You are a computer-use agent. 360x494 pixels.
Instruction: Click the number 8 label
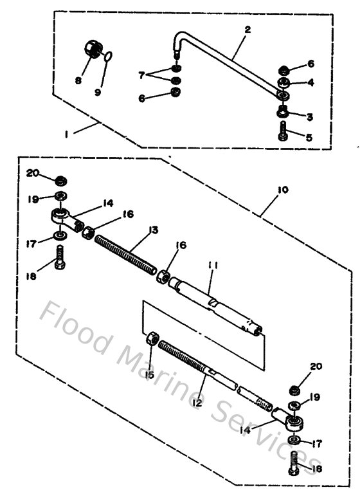pyautogui.click(x=78, y=80)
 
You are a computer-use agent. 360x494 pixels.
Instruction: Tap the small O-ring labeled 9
pyautogui.click(x=110, y=58)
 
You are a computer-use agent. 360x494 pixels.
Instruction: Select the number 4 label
pyautogui.click(x=310, y=82)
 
